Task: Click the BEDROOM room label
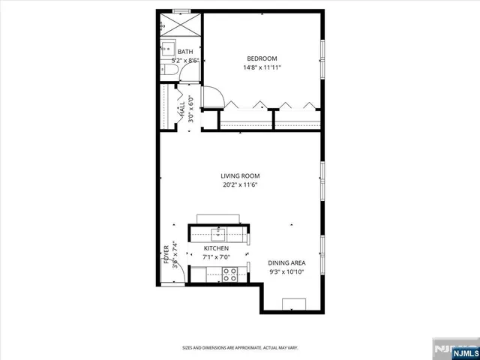(262, 58)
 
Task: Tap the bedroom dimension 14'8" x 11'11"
(262, 67)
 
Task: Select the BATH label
(184, 51)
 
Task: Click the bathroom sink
(166, 46)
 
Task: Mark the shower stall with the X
(181, 22)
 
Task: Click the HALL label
(181, 109)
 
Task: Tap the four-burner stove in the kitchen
(229, 273)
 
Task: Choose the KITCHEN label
(216, 248)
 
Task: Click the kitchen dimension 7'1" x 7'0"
(216, 257)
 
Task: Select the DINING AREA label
(286, 262)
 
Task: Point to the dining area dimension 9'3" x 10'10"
(286, 271)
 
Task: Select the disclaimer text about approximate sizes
(240, 347)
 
